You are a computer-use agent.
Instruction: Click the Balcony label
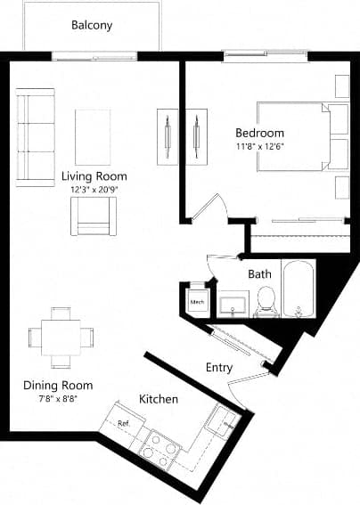(x=92, y=26)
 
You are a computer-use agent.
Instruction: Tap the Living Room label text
(x=94, y=175)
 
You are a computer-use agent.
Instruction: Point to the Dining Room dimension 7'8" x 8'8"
(x=58, y=398)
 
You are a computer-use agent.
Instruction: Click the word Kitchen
(x=158, y=399)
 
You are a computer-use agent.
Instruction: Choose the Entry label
(x=219, y=367)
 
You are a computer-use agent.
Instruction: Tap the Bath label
(x=259, y=273)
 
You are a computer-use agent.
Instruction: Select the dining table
(x=61, y=337)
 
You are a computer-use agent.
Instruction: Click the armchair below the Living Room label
(x=94, y=216)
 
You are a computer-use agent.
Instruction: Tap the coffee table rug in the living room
(x=93, y=136)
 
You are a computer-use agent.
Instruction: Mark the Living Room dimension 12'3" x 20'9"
(x=94, y=190)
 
